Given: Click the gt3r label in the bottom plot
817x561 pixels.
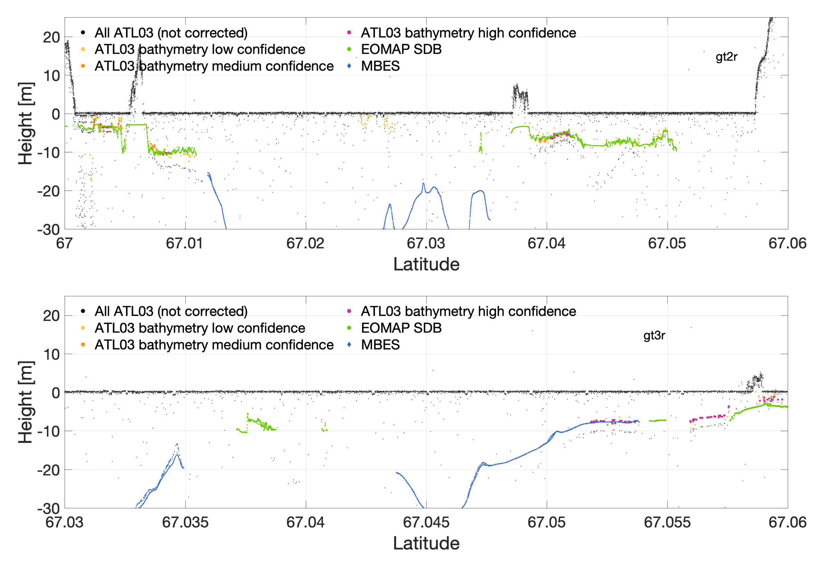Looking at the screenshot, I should point(654,335).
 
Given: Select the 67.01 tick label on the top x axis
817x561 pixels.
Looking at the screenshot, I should point(185,244).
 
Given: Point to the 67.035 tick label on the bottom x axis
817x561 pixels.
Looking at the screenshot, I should point(185,522).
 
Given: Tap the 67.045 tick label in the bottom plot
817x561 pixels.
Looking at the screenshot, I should point(426,522).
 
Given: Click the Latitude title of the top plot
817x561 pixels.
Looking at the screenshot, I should point(426,264).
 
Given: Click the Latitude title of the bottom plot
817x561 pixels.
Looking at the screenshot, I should point(426,543).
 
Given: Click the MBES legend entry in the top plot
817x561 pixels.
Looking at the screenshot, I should point(380,66).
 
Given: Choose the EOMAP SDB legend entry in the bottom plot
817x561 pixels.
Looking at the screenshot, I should point(401,328).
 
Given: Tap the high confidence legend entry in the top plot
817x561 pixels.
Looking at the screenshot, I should point(468,33).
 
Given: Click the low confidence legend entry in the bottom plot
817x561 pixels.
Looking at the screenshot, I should point(199,328).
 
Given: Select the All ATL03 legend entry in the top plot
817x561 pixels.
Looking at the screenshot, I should point(171,33).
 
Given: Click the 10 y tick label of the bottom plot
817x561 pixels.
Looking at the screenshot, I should point(51,354).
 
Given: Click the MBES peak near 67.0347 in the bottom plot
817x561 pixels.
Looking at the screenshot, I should point(177,445).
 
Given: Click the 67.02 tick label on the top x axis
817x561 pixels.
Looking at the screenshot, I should point(305,244).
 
